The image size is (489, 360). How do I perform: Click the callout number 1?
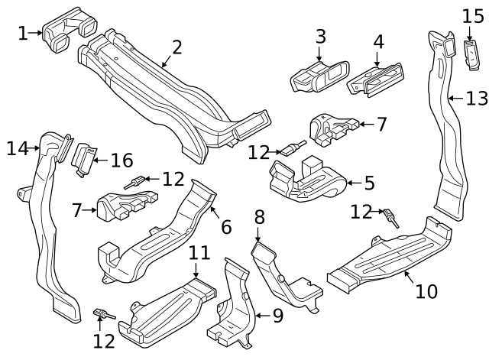(x=22, y=32)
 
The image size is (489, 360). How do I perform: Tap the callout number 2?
(x=177, y=47)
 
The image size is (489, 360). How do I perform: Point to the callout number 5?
(x=369, y=183)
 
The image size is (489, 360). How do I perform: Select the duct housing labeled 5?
(x=306, y=183)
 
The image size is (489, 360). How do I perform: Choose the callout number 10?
(x=426, y=291)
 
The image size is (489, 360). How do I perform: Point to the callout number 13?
(x=476, y=98)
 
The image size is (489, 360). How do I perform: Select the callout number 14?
(x=17, y=148)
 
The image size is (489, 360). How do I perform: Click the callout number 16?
(x=121, y=161)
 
